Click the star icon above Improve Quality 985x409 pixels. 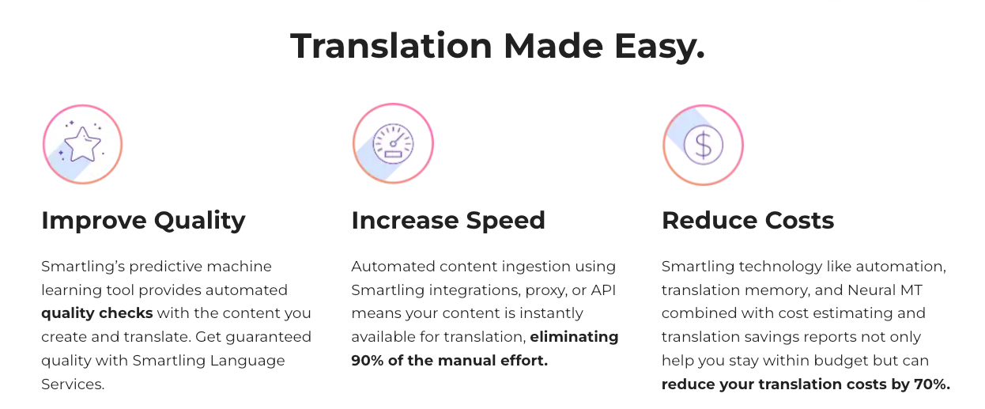tap(82, 144)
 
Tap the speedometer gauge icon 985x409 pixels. tap(393, 144)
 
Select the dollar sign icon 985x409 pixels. tap(703, 144)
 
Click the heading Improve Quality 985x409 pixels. tap(143, 220)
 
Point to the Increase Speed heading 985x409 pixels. tap(448, 220)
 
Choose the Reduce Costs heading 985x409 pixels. tap(748, 220)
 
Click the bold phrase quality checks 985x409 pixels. tap(96, 313)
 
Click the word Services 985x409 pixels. tap(72, 384)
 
